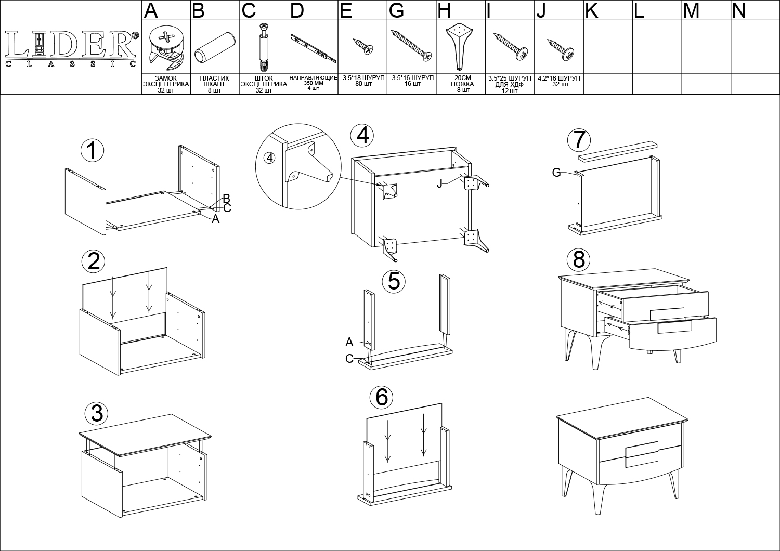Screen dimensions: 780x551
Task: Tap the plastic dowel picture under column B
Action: (215, 47)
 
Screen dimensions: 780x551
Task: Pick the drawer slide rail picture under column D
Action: (314, 48)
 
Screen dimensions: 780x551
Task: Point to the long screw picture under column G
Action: (412, 45)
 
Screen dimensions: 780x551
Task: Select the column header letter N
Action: (739, 10)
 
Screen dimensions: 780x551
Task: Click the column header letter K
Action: (592, 10)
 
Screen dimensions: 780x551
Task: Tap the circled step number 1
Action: (92, 151)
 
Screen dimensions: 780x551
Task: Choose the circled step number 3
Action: (96, 414)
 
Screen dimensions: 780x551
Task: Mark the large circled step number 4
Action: (362, 136)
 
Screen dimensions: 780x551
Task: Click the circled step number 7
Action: (579, 140)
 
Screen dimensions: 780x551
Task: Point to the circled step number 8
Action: (578, 260)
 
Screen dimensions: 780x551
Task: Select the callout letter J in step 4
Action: (439, 183)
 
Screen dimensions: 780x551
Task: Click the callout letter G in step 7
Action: (556, 172)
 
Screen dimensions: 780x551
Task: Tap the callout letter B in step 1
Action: (226, 198)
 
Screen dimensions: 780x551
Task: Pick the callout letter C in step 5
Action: (349, 359)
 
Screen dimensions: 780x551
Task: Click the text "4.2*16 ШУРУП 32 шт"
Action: (559, 81)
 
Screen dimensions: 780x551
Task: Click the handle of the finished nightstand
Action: (642, 455)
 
